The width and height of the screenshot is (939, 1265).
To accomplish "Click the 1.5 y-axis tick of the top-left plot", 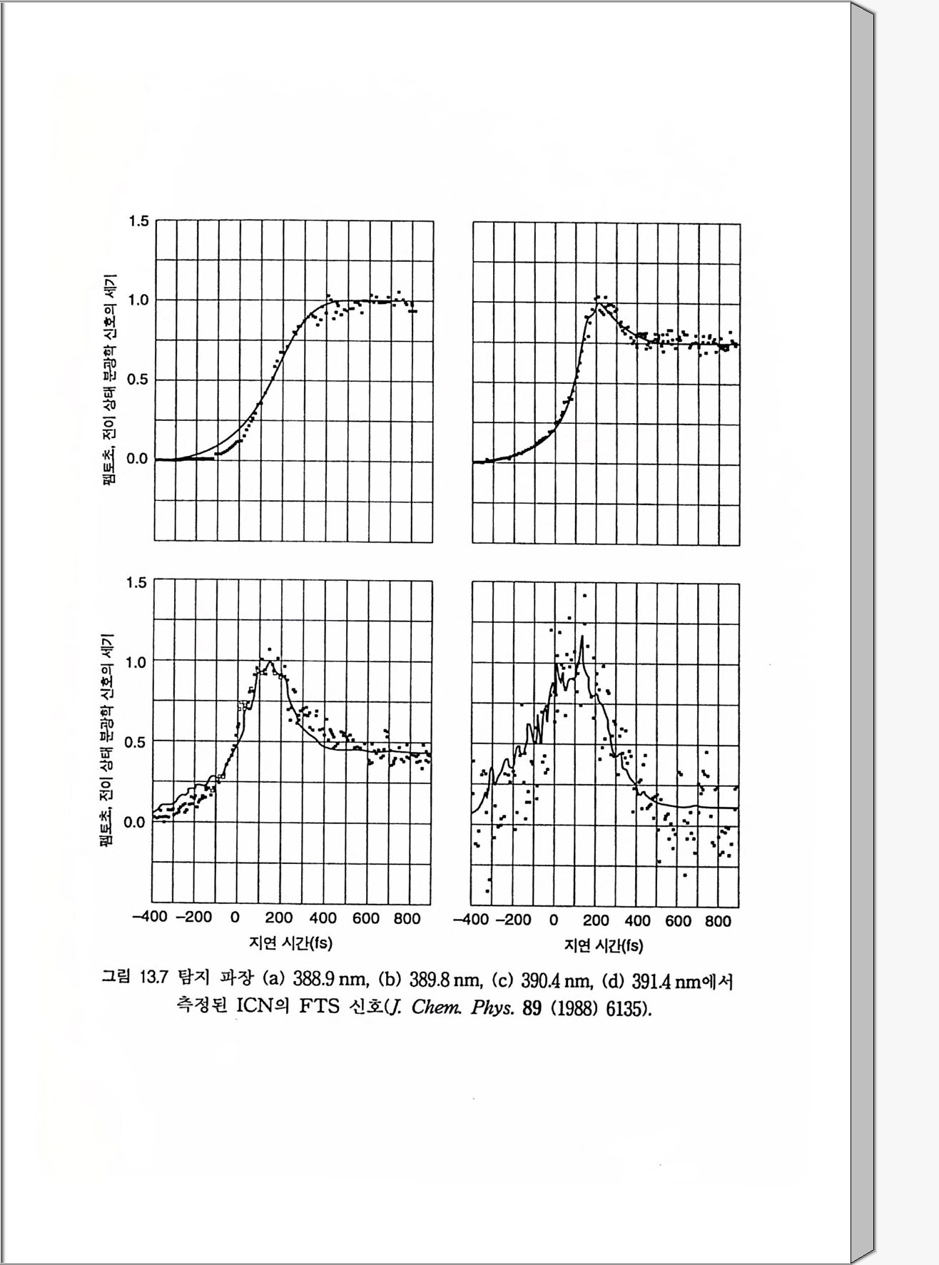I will [x=138, y=221].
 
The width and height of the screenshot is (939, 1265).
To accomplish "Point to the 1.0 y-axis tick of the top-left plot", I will [x=138, y=300].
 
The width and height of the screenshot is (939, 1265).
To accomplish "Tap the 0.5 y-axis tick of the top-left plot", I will [x=138, y=380].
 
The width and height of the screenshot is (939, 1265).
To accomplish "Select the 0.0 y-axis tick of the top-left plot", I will [x=138, y=459].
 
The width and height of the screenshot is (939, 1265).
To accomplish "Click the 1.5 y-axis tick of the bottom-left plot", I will [x=136, y=583].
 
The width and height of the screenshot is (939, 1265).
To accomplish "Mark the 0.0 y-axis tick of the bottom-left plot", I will [x=136, y=822].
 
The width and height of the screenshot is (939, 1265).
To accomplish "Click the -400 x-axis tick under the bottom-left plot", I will [x=150, y=918].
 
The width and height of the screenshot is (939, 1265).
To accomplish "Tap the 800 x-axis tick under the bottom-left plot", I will [x=407, y=918].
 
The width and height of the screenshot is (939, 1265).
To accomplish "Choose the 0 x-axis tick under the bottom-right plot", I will [x=554, y=920].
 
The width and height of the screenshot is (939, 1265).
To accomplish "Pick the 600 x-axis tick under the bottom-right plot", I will [x=678, y=921].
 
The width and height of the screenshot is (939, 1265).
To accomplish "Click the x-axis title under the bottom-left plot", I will [x=290, y=943].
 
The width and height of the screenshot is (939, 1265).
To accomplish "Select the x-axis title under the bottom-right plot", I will [x=604, y=946].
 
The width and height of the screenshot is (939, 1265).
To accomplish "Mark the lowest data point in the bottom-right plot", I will [x=489, y=891].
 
